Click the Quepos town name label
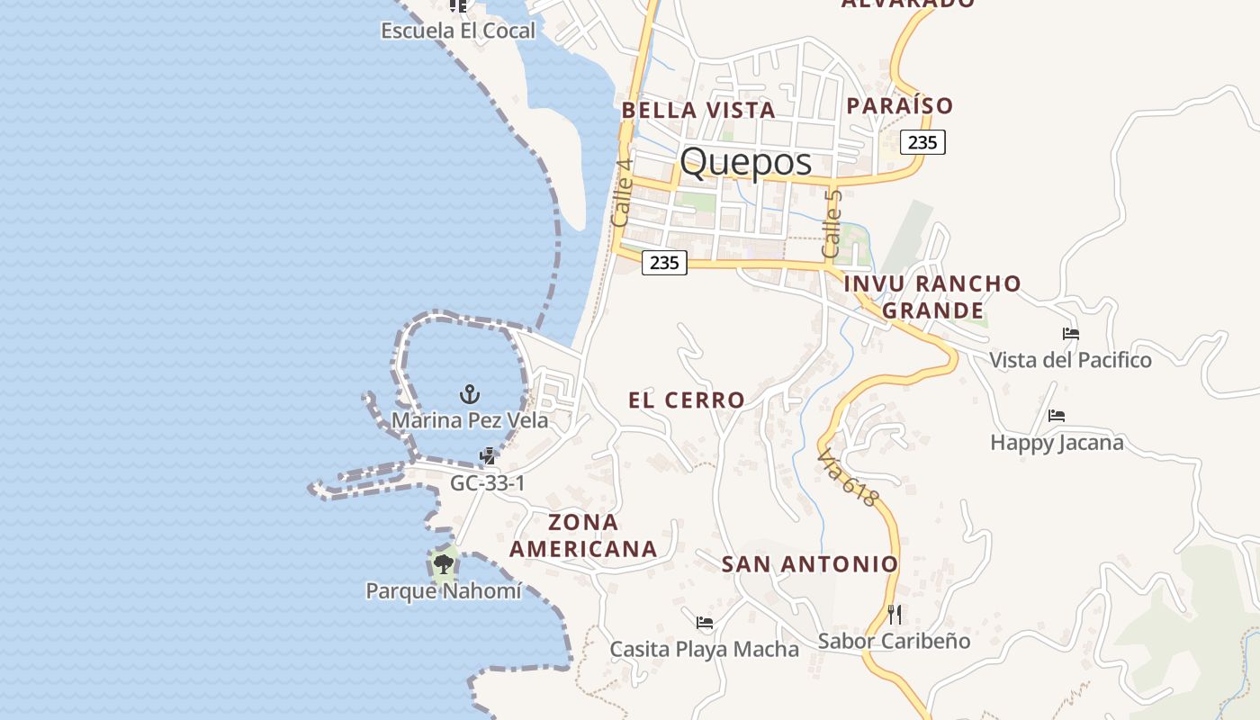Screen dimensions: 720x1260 coord(745,162)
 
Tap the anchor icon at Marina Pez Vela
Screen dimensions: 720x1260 coord(469,394)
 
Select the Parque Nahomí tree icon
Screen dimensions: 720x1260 coord(442,565)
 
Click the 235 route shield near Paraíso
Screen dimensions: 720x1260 coord(922,141)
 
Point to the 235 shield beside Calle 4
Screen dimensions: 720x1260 coord(664,263)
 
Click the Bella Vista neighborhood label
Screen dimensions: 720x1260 coord(697,111)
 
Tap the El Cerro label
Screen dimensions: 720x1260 coord(686,400)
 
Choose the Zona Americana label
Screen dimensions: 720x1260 coord(583,535)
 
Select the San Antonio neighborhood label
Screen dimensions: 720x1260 coord(810,564)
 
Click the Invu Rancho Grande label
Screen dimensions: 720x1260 coord(932,297)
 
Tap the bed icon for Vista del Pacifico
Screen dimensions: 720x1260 coord(1070,334)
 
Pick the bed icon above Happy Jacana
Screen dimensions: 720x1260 coord(1057,416)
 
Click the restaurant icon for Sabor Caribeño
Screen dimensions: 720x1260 coord(895,615)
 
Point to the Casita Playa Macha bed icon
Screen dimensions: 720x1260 coord(705,623)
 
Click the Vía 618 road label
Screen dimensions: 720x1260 coord(847,479)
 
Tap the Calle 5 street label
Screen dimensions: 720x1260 coord(832,222)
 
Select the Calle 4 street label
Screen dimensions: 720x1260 coord(621,193)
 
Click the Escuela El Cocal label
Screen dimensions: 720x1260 coord(458,31)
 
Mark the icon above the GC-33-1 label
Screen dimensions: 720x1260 coord(487,456)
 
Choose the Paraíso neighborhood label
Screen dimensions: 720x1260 coord(899,106)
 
